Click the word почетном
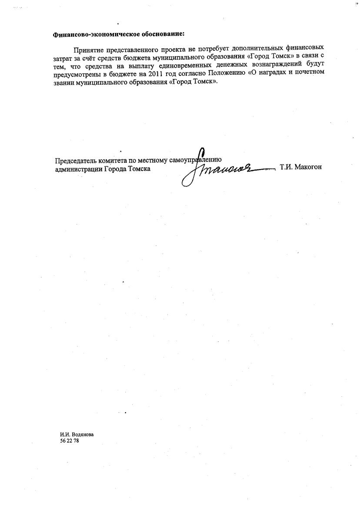[309, 73]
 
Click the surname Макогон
[309, 167]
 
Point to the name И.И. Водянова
[77, 434]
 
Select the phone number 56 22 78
[70, 441]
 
